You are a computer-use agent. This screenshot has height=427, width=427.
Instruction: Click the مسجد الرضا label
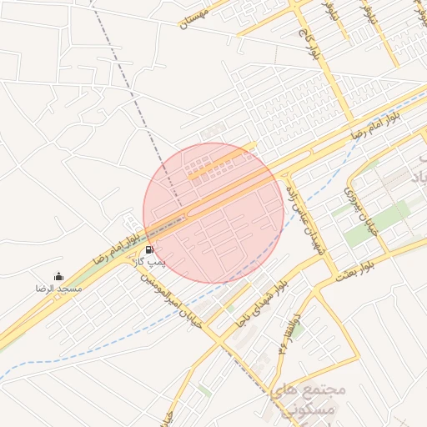point(58,288)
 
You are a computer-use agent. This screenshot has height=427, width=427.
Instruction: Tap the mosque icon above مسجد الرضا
point(58,276)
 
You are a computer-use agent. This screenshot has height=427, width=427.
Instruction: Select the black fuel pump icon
point(149,249)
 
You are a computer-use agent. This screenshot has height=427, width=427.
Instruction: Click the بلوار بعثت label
point(355,269)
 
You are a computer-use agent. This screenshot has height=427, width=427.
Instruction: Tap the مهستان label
point(198,18)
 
